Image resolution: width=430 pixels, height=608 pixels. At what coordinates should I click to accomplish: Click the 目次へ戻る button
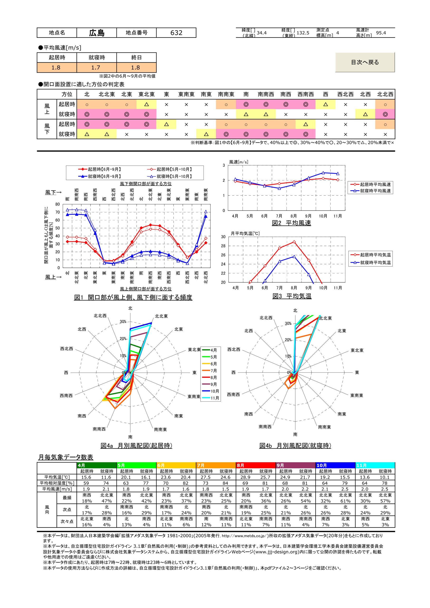[365, 62]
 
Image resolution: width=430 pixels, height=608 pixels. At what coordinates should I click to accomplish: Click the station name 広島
[97, 33]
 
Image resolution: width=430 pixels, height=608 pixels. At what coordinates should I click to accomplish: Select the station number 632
[176, 33]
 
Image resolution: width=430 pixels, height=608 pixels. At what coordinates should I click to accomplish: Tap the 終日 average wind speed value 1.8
[135, 67]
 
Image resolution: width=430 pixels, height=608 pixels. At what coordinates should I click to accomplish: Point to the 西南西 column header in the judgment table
[305, 94]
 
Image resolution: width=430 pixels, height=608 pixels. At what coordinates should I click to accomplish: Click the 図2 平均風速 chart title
[291, 223]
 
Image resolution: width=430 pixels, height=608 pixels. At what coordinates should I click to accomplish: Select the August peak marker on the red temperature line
[294, 242]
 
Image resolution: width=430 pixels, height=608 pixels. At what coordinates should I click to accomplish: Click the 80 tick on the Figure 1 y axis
[58, 204]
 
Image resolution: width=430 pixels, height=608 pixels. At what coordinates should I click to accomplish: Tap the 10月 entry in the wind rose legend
[214, 391]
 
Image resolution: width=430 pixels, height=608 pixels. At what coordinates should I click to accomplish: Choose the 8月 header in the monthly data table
[241, 465]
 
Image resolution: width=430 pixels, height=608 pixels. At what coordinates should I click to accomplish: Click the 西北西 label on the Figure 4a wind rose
[67, 349]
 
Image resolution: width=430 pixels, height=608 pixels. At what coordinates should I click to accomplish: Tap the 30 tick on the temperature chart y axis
[223, 237]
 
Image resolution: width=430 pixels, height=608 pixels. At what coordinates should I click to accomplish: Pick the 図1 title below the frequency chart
[133, 297]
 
